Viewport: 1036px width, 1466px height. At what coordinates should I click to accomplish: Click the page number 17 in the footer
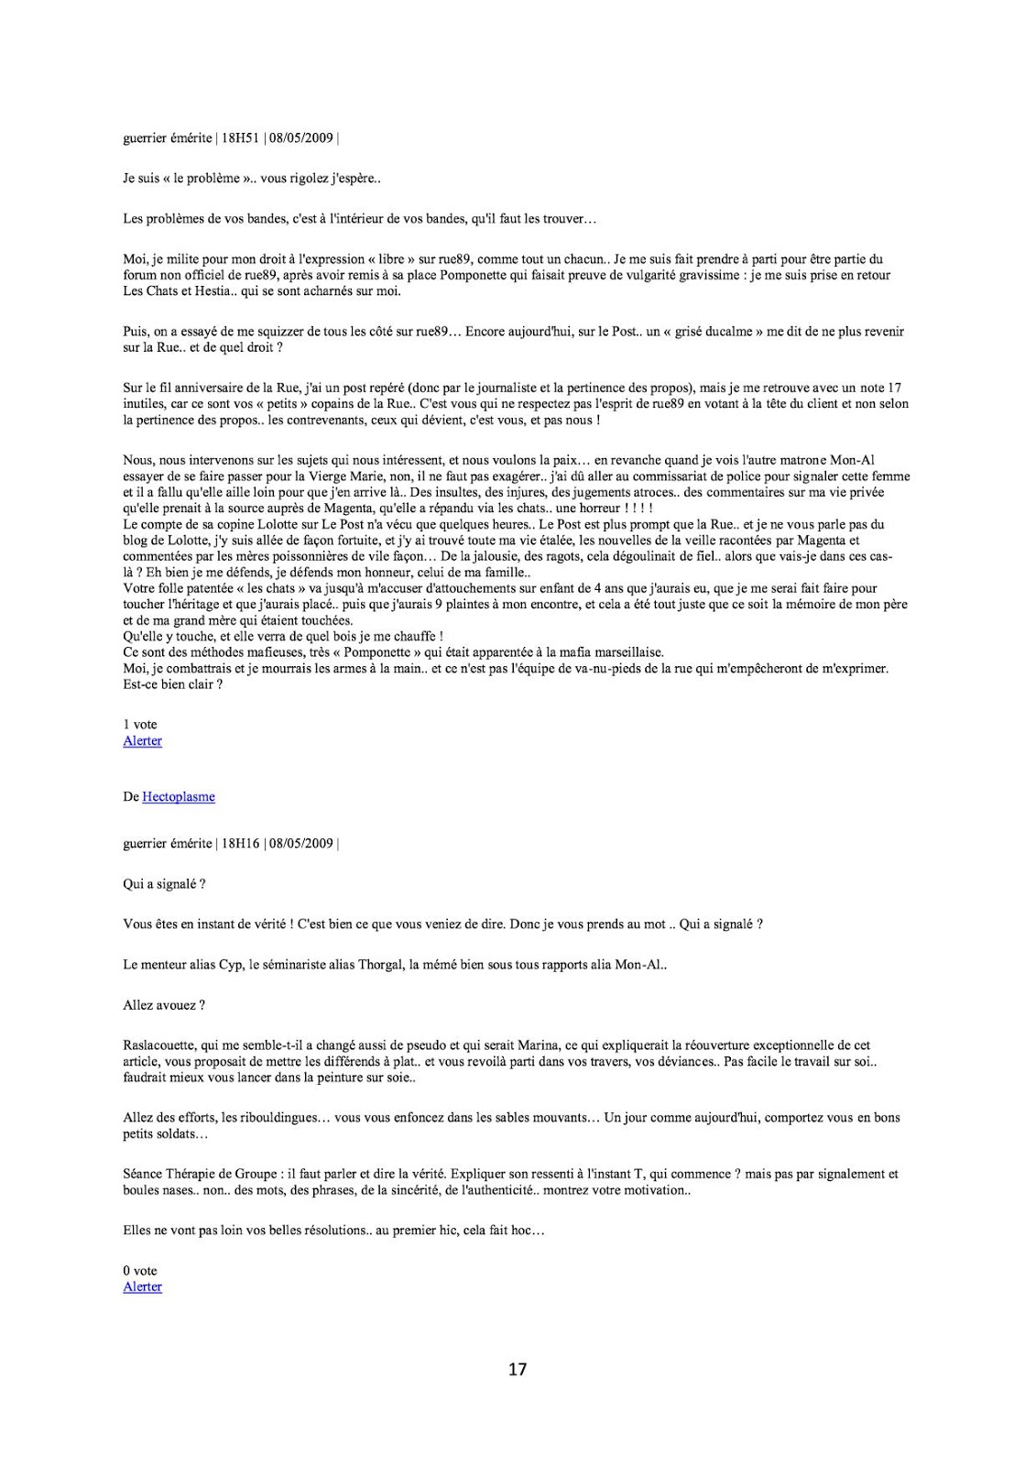(x=518, y=1370)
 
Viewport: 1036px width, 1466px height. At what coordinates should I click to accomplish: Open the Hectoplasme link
(x=179, y=797)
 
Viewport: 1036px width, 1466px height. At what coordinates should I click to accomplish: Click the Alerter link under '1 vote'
(x=142, y=740)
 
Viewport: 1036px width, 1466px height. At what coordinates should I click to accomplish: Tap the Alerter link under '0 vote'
(x=142, y=1286)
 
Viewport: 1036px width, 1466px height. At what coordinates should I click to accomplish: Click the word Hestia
(x=213, y=291)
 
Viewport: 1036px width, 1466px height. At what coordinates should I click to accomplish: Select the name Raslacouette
(x=159, y=1045)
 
